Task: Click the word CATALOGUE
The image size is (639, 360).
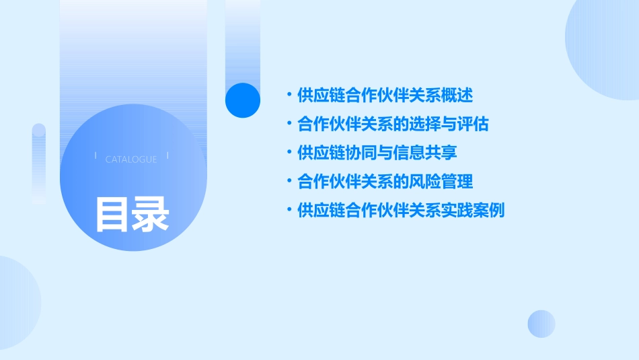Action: [x=131, y=159]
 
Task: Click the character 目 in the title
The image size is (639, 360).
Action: [x=112, y=215]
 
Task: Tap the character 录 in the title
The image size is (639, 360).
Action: [x=151, y=215]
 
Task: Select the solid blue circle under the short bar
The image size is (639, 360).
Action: [x=243, y=100]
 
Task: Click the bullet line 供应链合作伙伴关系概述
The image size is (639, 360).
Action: [x=385, y=96]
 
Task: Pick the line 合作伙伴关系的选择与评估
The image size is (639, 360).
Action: [x=393, y=124]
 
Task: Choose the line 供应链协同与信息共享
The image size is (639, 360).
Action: [x=377, y=153]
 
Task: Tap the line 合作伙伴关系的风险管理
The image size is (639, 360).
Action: [x=385, y=182]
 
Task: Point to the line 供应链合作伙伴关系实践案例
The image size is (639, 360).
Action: [x=401, y=211]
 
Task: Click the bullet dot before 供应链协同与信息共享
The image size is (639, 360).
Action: [x=289, y=153]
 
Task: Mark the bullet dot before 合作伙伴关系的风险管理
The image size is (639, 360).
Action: [x=289, y=182]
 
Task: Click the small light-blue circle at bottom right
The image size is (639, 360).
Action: [x=541, y=324]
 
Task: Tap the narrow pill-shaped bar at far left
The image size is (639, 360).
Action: [x=39, y=164]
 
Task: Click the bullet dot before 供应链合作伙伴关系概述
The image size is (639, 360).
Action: [x=289, y=96]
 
